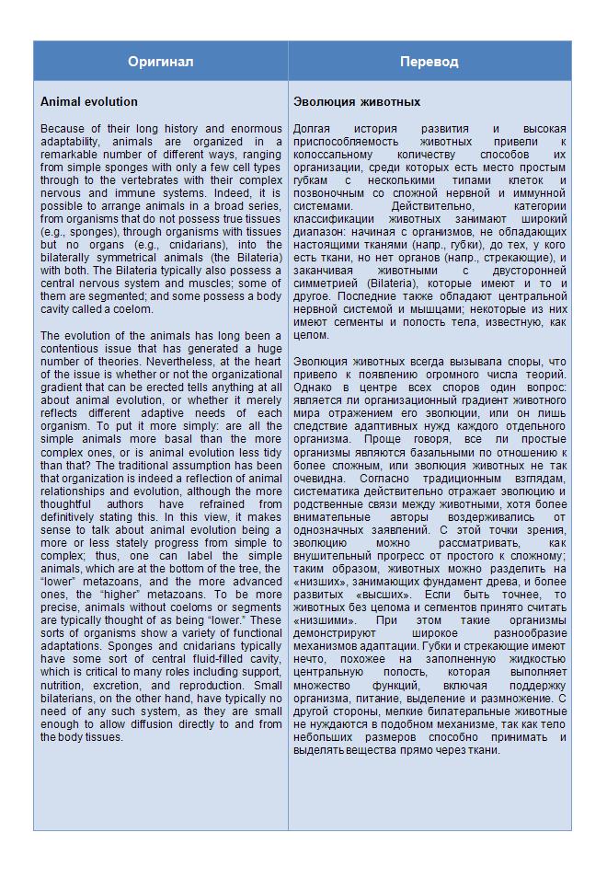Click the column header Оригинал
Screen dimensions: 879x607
(x=160, y=61)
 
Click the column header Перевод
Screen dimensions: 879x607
(x=429, y=61)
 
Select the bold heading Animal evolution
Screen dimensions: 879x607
(x=89, y=102)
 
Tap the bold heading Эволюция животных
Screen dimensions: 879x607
(x=357, y=102)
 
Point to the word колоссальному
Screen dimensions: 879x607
(x=331, y=156)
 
